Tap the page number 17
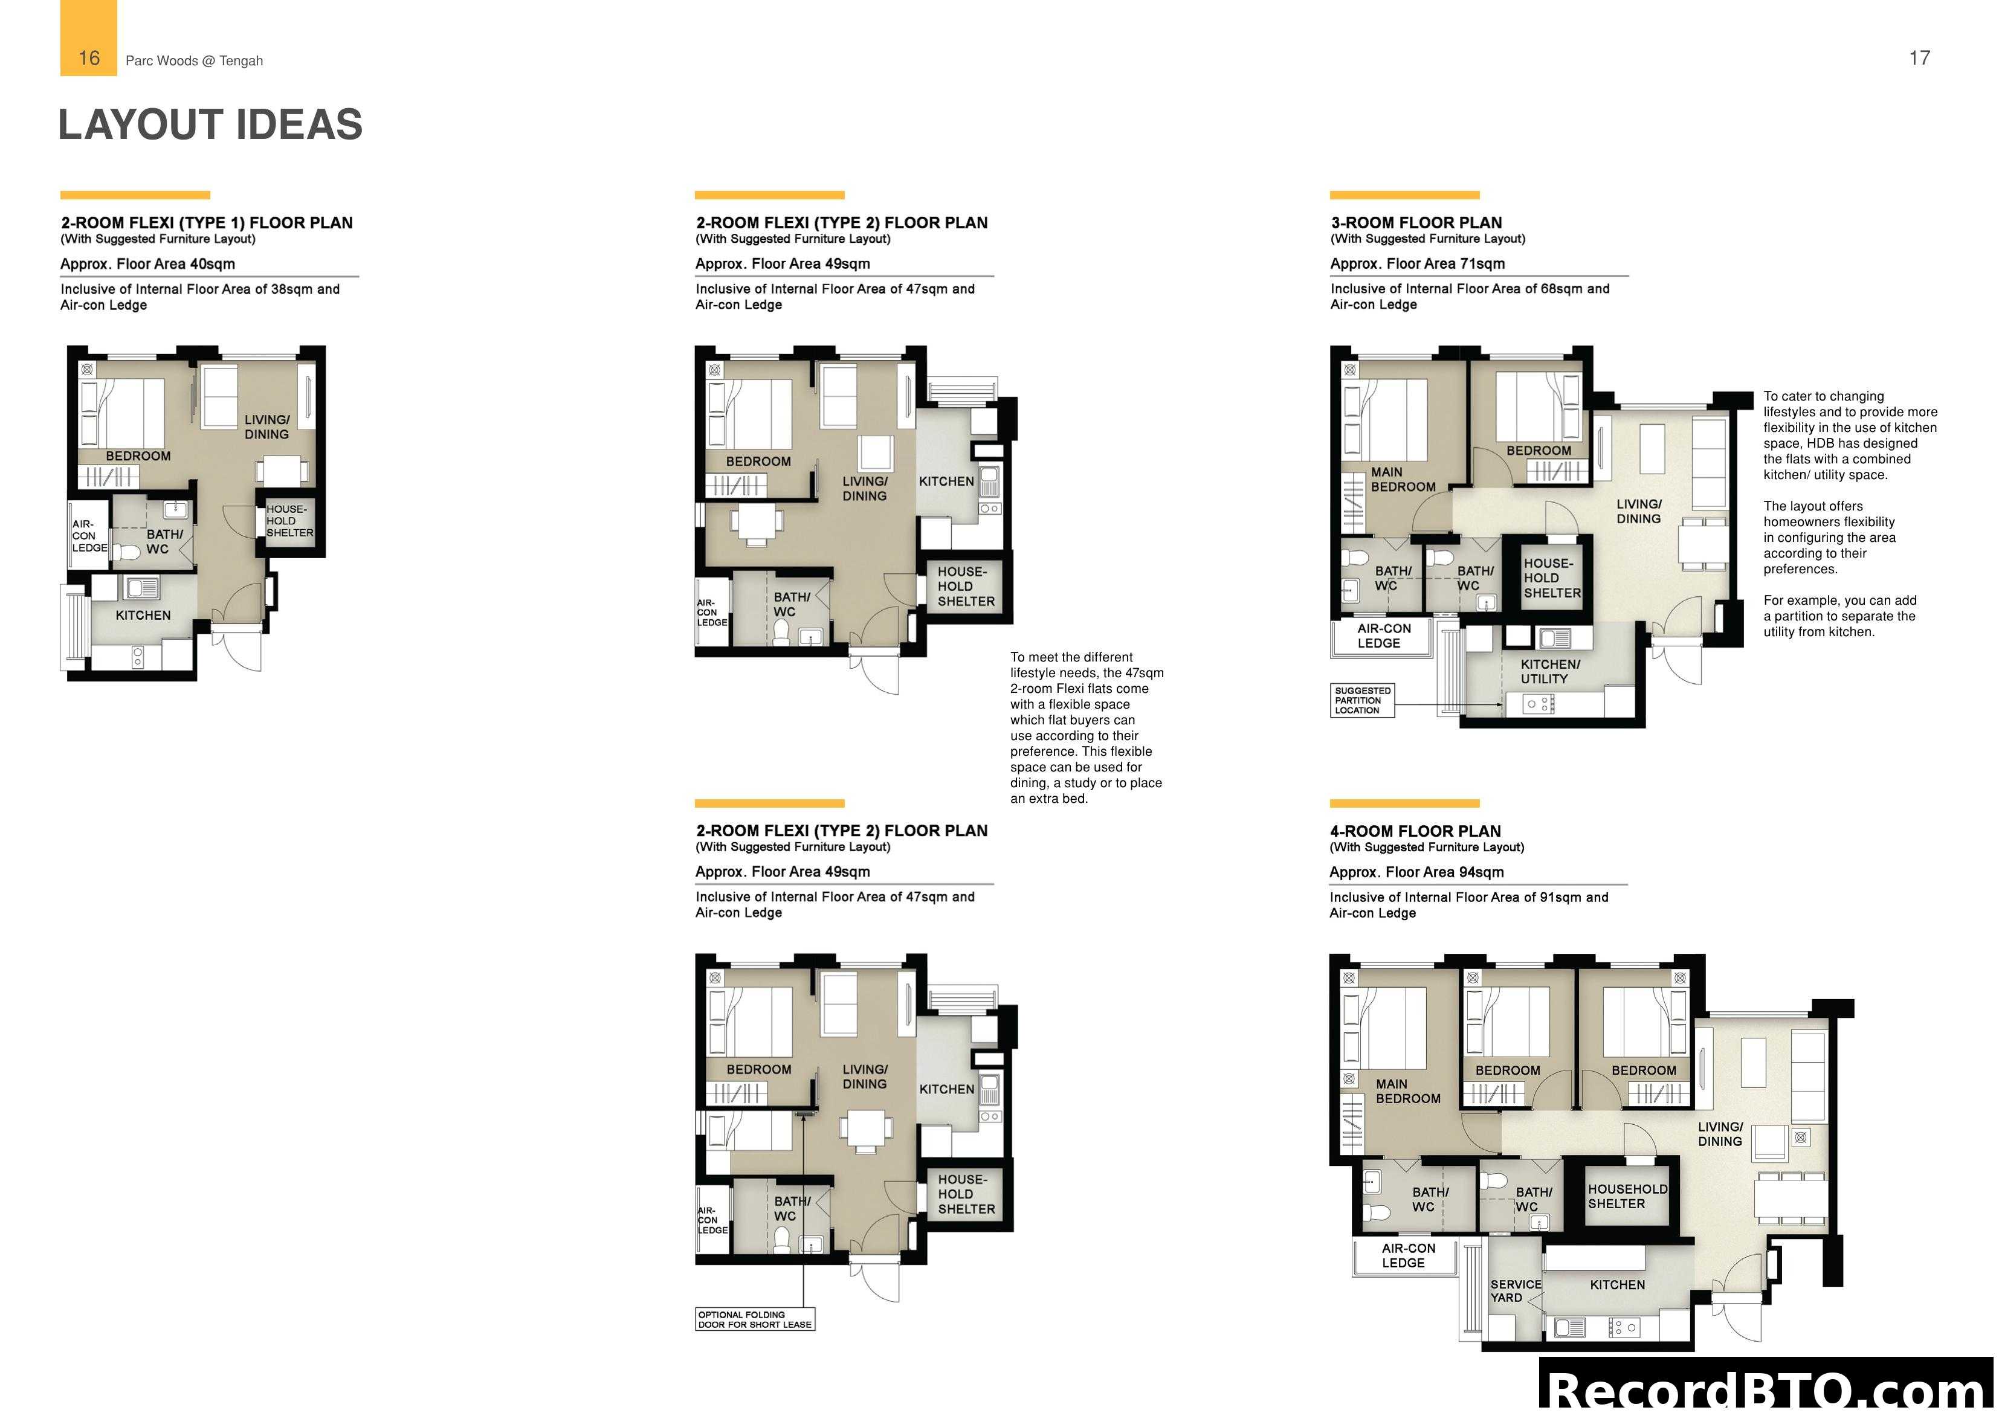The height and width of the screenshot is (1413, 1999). click(1919, 59)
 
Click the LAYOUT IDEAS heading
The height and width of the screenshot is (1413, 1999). click(210, 124)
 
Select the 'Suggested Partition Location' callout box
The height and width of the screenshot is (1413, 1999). click(1361, 700)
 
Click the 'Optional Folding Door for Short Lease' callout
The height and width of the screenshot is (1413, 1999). click(755, 1319)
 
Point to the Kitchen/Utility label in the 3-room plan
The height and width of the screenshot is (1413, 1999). click(1550, 671)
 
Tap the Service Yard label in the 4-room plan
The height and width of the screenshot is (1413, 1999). click(1515, 1290)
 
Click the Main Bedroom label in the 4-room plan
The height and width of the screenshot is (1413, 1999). click(1407, 1091)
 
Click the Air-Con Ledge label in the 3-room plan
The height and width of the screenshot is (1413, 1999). click(1383, 636)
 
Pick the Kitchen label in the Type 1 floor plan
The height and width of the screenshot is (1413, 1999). click(143, 614)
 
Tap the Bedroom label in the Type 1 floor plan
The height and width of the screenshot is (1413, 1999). click(138, 455)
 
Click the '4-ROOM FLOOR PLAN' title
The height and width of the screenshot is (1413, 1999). click(1415, 831)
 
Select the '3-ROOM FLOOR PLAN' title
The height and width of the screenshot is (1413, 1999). click(1416, 222)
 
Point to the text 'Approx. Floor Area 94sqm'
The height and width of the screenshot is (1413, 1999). click(1416, 872)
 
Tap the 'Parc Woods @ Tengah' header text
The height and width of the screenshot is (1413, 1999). click(194, 60)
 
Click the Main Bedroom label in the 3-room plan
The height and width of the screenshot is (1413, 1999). click(1402, 479)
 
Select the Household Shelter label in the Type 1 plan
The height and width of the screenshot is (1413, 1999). click(289, 521)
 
